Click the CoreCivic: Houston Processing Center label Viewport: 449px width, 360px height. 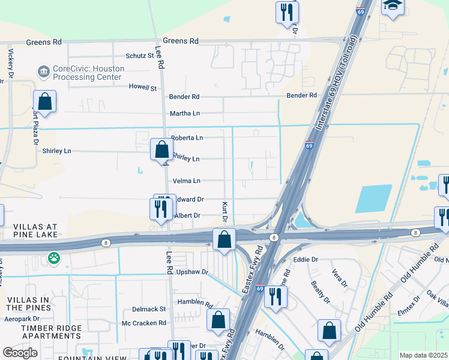pos(88,73)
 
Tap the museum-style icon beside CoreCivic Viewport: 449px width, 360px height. pos(44,73)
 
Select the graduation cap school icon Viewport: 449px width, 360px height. pos(393,6)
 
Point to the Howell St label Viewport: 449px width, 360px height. pos(143,88)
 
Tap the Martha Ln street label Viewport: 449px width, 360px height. pos(184,113)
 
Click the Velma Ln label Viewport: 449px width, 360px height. pos(186,181)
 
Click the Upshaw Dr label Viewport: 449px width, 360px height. pos(192,272)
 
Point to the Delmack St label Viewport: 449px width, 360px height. pos(149,309)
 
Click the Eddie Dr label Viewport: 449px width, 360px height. pos(306,260)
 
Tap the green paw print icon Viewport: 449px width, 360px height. pos(54,259)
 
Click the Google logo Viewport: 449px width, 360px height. pos(20,353)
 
